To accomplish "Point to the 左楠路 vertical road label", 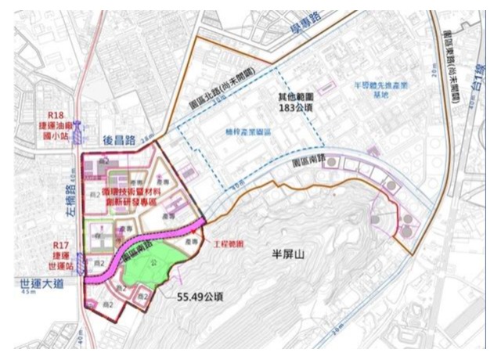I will [74, 205].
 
